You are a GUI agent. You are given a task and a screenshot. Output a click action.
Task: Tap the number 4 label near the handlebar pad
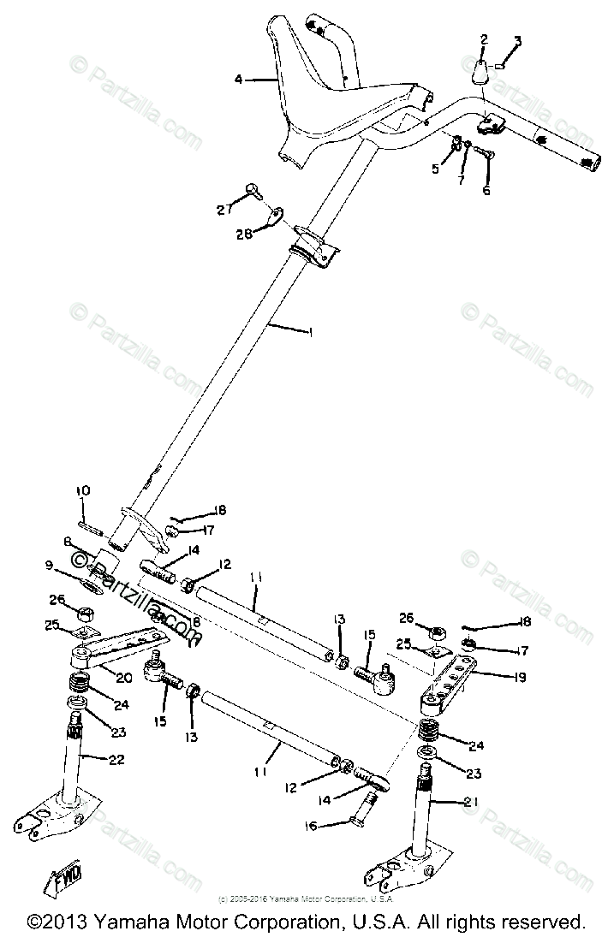tap(239, 80)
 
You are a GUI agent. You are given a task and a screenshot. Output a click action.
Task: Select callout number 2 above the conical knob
tap(484, 39)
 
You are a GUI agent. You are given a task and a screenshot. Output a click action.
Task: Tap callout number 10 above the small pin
tap(82, 491)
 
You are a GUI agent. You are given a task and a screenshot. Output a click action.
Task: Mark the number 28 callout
tap(244, 234)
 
